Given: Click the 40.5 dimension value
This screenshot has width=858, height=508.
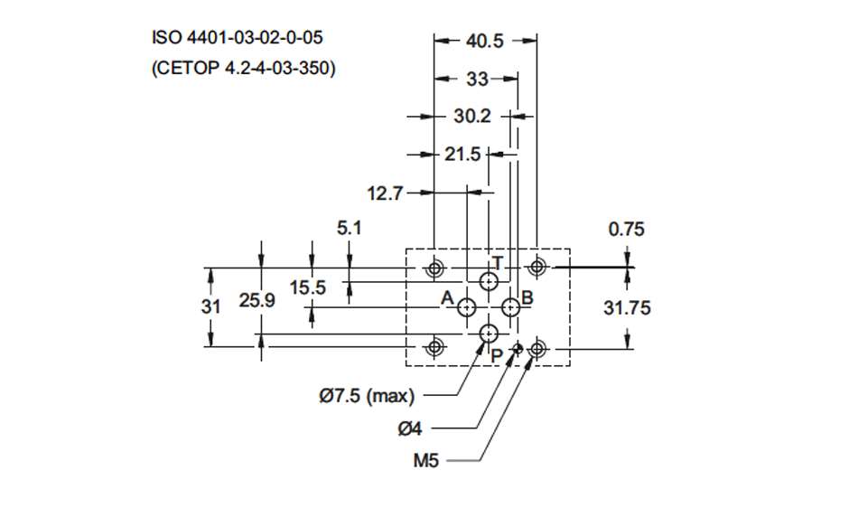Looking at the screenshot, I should (485, 41).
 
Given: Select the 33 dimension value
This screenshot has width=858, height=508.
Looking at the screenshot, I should (477, 80).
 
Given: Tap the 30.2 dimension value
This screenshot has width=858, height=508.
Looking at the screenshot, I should (471, 117).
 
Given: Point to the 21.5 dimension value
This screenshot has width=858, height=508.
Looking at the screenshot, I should (462, 155).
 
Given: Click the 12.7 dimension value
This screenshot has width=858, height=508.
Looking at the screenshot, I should (385, 193).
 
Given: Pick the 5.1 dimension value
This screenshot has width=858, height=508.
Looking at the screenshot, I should (350, 229).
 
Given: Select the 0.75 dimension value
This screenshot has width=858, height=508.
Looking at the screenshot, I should (627, 230).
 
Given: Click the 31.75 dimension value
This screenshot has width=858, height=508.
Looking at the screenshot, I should (627, 308).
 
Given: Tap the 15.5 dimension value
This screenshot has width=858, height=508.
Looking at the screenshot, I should (308, 287).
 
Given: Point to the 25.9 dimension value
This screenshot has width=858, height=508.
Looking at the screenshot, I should (257, 302).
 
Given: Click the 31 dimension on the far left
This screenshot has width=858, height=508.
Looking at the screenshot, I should (210, 306).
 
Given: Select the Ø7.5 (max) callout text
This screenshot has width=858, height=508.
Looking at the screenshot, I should (366, 395).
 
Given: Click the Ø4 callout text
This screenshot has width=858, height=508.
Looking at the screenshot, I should (410, 428).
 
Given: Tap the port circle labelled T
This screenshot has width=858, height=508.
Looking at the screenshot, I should (489, 281).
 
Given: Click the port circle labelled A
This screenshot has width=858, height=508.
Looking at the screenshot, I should (468, 307).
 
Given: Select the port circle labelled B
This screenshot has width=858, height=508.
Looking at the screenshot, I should (510, 307).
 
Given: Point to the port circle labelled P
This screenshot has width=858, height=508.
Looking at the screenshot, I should (489, 334).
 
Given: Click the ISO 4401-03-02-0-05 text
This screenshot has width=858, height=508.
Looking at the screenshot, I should (237, 38).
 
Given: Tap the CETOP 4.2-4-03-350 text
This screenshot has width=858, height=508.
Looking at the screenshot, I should (243, 68).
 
